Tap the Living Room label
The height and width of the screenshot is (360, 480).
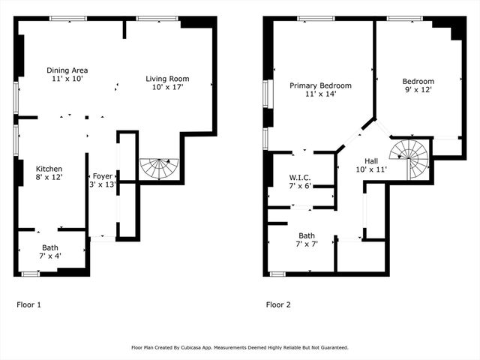(167, 79)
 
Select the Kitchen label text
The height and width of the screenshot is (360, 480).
(49, 169)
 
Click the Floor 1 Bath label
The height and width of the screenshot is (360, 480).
(50, 247)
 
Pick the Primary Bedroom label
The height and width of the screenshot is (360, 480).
(320, 85)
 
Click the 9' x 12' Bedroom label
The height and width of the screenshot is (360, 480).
(418, 82)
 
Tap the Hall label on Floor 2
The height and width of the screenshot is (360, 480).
(371, 161)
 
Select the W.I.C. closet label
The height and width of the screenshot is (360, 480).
(300, 177)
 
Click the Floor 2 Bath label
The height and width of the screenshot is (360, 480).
(307, 235)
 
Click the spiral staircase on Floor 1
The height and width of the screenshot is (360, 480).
(160, 167)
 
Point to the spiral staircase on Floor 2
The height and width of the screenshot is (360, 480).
(412, 159)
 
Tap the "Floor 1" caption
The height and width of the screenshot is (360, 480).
(28, 305)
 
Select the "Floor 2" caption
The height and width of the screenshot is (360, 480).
(278, 305)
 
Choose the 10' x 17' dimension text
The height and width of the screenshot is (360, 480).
(167, 87)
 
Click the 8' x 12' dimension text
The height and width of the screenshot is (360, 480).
(49, 177)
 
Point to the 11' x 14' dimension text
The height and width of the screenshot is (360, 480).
(320, 94)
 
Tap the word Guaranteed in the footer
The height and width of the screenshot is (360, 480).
(331, 348)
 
